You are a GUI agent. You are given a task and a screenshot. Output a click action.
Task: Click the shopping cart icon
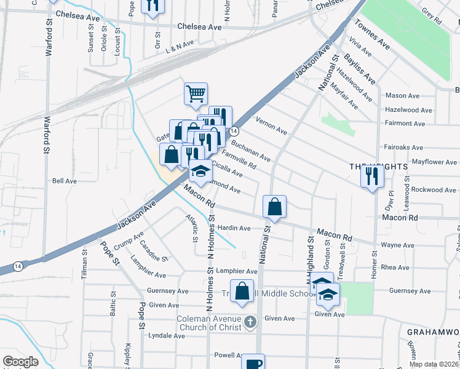click(196, 94)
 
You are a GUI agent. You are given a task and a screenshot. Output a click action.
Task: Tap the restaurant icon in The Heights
click(372, 177)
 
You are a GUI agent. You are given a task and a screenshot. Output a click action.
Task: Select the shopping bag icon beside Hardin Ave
click(275, 207)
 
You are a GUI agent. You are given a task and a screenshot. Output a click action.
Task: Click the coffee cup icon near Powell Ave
click(253, 363)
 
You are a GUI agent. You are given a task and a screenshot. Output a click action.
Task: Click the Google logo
click(20, 362)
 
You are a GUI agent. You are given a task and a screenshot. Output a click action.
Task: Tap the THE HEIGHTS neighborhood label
click(370, 167)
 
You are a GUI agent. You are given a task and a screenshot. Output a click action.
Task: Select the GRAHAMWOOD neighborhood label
click(433, 331)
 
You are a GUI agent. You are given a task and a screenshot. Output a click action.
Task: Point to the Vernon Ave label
click(271, 127)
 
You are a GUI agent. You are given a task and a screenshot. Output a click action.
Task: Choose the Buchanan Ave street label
click(250, 149)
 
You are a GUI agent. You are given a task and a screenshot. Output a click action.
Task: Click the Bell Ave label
click(64, 181)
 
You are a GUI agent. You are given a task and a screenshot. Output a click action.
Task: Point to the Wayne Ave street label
click(397, 245)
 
